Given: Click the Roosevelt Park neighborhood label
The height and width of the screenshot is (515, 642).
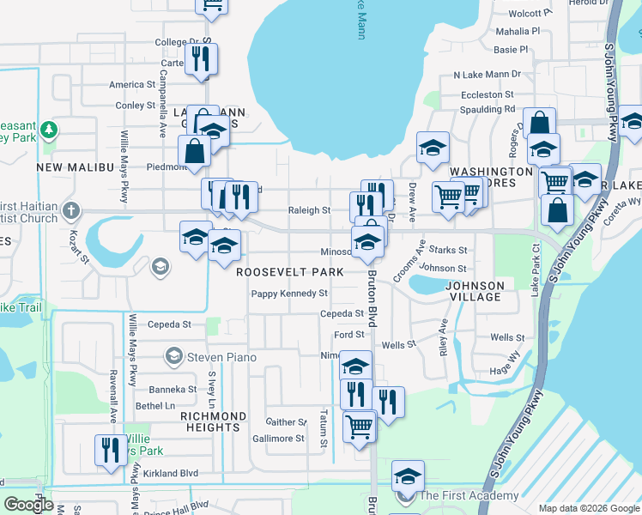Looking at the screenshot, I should click(290, 272).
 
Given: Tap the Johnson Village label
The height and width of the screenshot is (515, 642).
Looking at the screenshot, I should click(475, 290).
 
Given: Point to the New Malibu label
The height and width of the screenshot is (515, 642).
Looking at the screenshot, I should click(76, 167).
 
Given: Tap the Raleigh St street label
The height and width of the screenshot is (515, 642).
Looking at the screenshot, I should click(309, 210).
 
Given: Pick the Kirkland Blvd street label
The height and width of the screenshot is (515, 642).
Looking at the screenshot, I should click(171, 473).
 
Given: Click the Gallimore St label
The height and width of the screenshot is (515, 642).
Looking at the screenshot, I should click(277, 439).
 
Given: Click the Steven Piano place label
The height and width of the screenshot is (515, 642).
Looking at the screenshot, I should click(217, 356).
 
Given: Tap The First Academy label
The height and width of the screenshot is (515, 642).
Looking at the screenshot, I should click(469, 495).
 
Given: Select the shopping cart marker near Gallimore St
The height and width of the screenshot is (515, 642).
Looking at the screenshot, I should click(359, 426).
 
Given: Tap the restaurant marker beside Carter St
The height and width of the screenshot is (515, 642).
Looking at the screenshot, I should click(202, 59).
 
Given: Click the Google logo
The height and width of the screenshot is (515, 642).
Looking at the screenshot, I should click(28, 505).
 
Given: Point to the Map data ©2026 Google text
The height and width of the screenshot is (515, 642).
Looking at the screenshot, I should click(588, 508).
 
